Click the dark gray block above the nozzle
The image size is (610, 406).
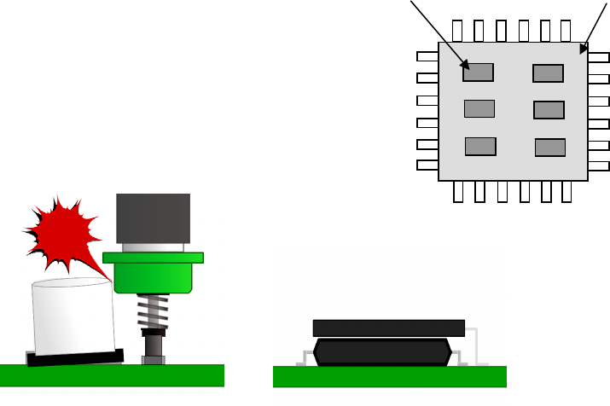(153, 218)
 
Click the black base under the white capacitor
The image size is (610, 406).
(73, 357)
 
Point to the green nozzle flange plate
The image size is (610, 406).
(153, 258)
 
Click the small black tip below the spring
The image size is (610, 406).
(153, 345)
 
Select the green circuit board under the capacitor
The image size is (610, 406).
(111, 376)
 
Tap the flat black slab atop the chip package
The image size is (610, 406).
(388, 328)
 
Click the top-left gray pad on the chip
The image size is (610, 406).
(478, 72)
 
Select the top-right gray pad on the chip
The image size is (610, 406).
(548, 73)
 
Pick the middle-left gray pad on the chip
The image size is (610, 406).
(479, 109)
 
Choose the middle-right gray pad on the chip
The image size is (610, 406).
(549, 110)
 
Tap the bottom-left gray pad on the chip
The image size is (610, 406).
(480, 146)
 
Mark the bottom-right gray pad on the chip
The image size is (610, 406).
(550, 148)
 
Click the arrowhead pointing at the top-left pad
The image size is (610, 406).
(465, 65)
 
